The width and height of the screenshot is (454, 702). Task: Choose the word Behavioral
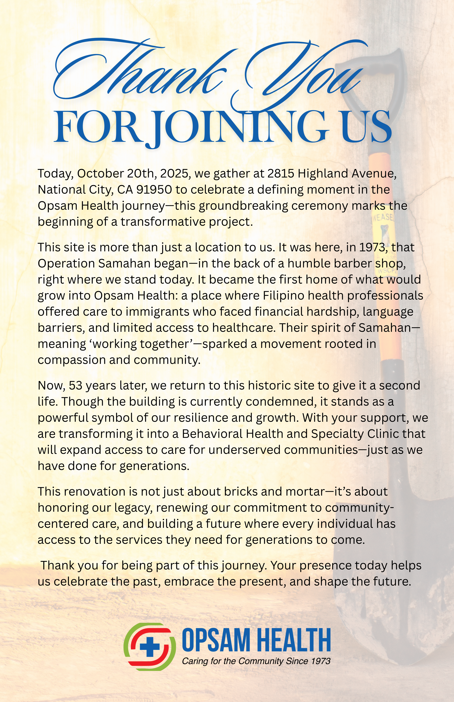tap(212, 434)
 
